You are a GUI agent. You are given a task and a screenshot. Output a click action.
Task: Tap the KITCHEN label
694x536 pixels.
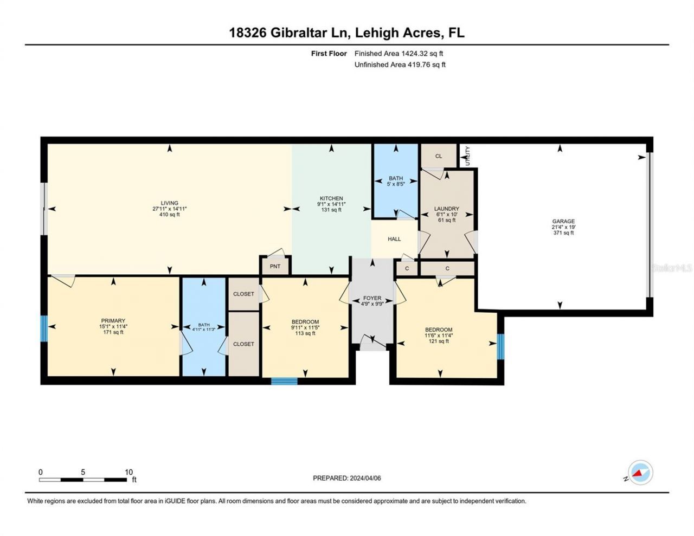coord(331,198)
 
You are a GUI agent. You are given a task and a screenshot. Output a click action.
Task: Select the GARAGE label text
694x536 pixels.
coord(563,221)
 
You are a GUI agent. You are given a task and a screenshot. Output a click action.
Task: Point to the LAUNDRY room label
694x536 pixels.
coord(447,209)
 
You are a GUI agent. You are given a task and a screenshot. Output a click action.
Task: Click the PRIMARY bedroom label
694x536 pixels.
coord(113,320)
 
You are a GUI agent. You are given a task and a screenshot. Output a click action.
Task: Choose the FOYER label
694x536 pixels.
coord(372,298)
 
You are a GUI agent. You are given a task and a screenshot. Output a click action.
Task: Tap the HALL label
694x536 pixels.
coord(394,239)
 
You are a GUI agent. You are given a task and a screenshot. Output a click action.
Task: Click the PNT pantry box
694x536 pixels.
coord(275,266)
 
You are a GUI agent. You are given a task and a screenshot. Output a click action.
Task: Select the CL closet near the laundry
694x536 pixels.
coord(439,156)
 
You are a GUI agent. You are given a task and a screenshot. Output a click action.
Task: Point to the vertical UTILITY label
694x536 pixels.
coord(467,156)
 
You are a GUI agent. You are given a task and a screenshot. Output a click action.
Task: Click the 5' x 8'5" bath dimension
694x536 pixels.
coord(396,184)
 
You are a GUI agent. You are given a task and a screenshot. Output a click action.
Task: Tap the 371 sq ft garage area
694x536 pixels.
coord(563,233)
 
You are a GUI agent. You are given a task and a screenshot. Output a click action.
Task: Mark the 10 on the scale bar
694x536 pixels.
coord(128,472)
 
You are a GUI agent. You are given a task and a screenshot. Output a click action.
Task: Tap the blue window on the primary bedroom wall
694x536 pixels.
coord(44,329)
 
